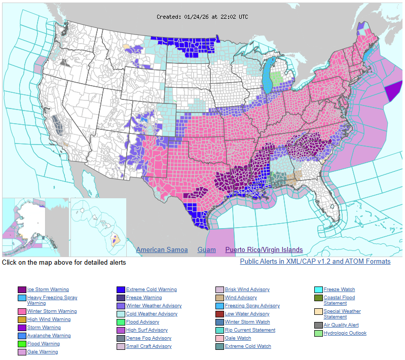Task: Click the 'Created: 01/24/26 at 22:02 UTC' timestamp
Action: pyautogui.click(x=202, y=17)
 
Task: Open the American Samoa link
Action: pyautogui.click(x=162, y=250)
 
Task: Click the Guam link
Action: pyautogui.click(x=206, y=250)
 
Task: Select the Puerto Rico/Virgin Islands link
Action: pyautogui.click(x=264, y=250)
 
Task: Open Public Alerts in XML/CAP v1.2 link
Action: pyautogui.click(x=315, y=262)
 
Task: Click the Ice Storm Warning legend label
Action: pyautogui.click(x=48, y=290)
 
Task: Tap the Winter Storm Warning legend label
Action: pyautogui.click(x=52, y=311)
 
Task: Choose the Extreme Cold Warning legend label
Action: pyautogui.click(x=151, y=290)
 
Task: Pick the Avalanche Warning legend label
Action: pyautogui.click(x=49, y=336)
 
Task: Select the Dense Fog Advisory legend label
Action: pyautogui.click(x=149, y=338)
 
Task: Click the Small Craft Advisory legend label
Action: pyautogui.click(x=149, y=346)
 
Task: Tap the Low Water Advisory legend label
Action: pyautogui.click(x=247, y=314)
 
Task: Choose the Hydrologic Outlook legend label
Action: pyautogui.click(x=345, y=333)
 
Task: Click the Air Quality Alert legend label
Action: pyautogui.click(x=341, y=325)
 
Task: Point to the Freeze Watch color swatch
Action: pyautogui.click(x=318, y=290)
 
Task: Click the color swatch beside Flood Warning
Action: pyautogui.click(x=22, y=344)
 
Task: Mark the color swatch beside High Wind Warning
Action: pyautogui.click(x=22, y=319)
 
